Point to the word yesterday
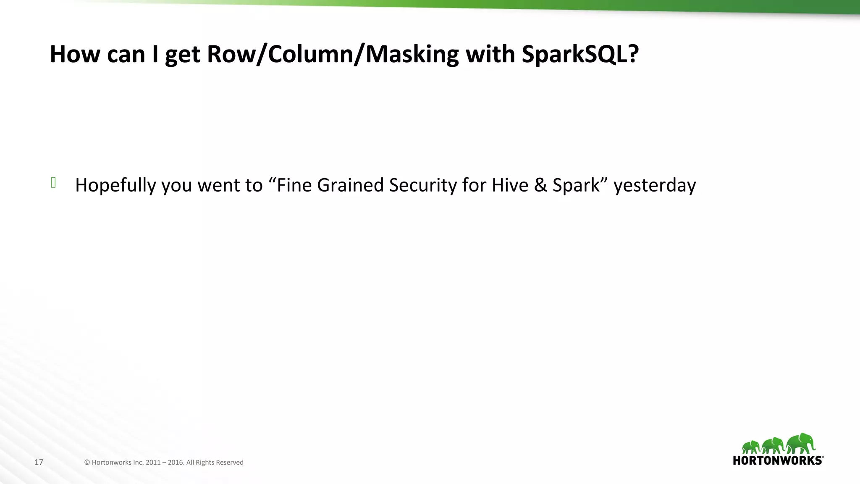tap(654, 185)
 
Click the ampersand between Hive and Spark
tap(540, 185)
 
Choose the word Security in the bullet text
tap(423, 185)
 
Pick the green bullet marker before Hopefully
tap(53, 183)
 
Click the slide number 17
tap(39, 462)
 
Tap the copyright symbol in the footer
tap(87, 462)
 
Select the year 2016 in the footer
tap(176, 462)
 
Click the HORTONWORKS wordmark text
tap(778, 460)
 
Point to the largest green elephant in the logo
tap(801, 444)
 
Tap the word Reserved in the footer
tap(230, 462)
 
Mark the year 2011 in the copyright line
tap(153, 462)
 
